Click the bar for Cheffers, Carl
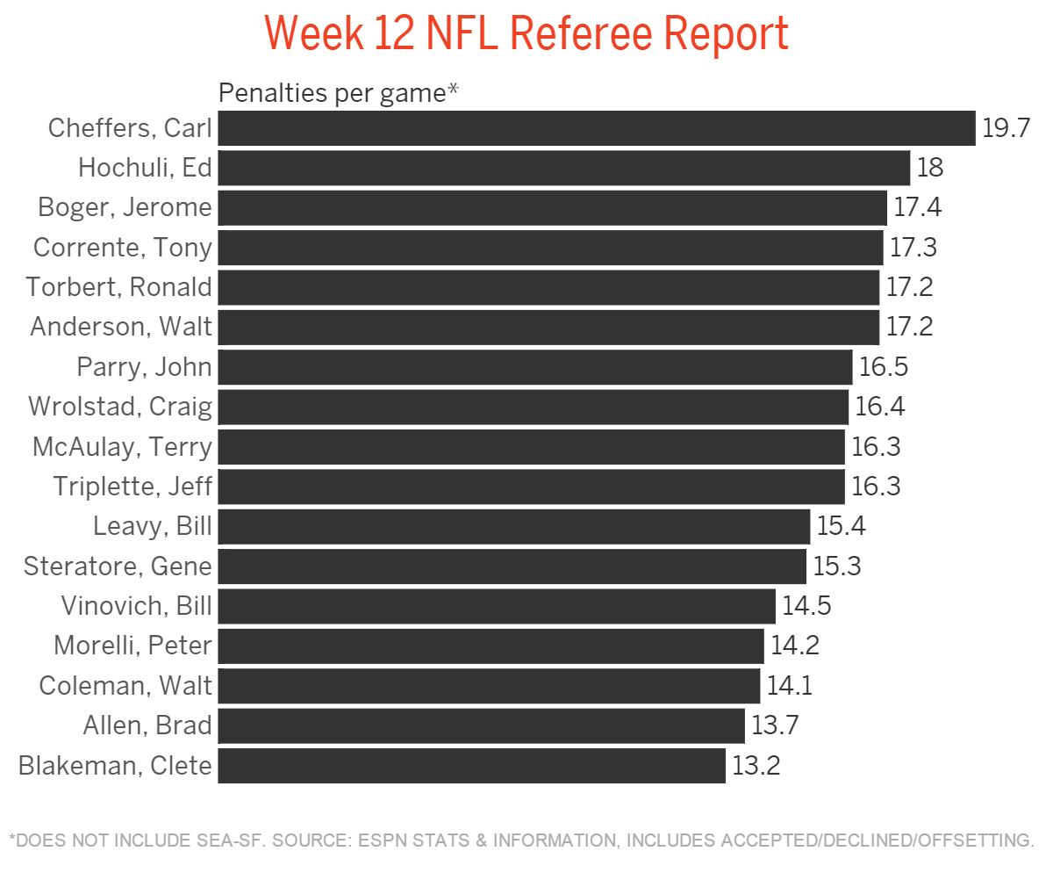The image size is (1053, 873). tap(597, 128)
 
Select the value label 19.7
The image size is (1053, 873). tap(1005, 128)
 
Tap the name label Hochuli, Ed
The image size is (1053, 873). tap(145, 168)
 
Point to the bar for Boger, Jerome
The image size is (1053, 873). tap(553, 208)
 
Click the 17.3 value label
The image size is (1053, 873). tap(913, 248)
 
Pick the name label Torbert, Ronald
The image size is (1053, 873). tap(118, 287)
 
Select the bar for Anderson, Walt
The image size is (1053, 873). tap(548, 328)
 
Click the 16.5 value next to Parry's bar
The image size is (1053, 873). tap(883, 367)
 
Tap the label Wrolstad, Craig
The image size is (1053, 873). tap(120, 407)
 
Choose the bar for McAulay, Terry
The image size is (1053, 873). tap(531, 447)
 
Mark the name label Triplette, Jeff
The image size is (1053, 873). tap(133, 487)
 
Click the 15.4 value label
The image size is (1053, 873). tap(842, 527)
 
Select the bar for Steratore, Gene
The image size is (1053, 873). tap(512, 566)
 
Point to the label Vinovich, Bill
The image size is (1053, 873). tap(136, 606)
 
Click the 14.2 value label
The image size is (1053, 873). tap(795, 646)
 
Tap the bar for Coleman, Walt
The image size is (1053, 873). tap(489, 686)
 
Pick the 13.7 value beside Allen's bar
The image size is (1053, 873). tap(775, 725)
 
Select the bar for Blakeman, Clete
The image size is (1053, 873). tap(471, 766)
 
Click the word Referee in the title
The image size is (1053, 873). tap(580, 33)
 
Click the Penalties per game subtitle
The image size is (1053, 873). tap(339, 92)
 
